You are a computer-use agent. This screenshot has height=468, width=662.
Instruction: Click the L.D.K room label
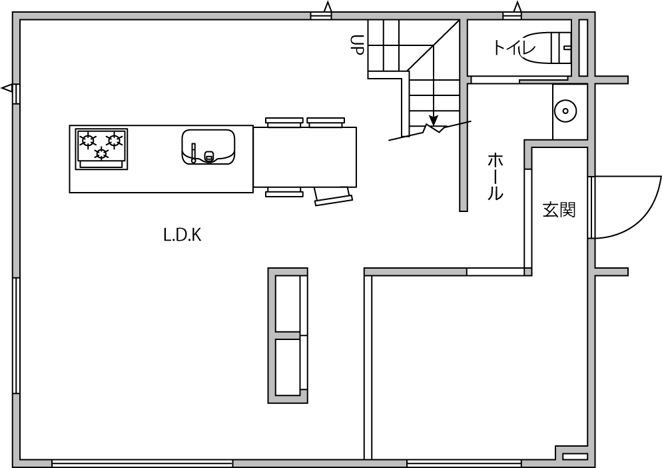(x=182, y=235)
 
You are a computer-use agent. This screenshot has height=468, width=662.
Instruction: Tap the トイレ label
(x=513, y=47)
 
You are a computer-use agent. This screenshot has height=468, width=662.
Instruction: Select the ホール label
(x=496, y=177)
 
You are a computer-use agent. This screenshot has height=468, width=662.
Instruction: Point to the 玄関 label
(x=559, y=210)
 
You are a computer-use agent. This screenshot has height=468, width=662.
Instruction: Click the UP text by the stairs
(x=357, y=45)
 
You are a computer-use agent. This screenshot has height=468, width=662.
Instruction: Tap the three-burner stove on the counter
(x=101, y=149)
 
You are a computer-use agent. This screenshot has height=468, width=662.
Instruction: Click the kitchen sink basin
(x=208, y=146)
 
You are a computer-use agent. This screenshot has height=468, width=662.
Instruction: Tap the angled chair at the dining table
(x=334, y=197)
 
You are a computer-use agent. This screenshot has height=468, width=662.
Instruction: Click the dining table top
(x=304, y=157)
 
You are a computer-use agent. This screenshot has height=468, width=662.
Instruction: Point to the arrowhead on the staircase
(x=434, y=119)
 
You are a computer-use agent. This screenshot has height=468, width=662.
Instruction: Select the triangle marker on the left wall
(x=7, y=89)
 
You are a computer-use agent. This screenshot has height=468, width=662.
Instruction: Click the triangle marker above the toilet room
(x=517, y=7)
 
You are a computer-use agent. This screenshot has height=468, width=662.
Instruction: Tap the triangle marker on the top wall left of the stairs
(x=328, y=7)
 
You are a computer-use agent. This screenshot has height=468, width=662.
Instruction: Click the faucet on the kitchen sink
(x=193, y=153)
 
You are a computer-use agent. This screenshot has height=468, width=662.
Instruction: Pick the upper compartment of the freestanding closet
(x=288, y=303)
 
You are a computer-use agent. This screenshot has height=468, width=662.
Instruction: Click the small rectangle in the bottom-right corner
(x=575, y=457)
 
